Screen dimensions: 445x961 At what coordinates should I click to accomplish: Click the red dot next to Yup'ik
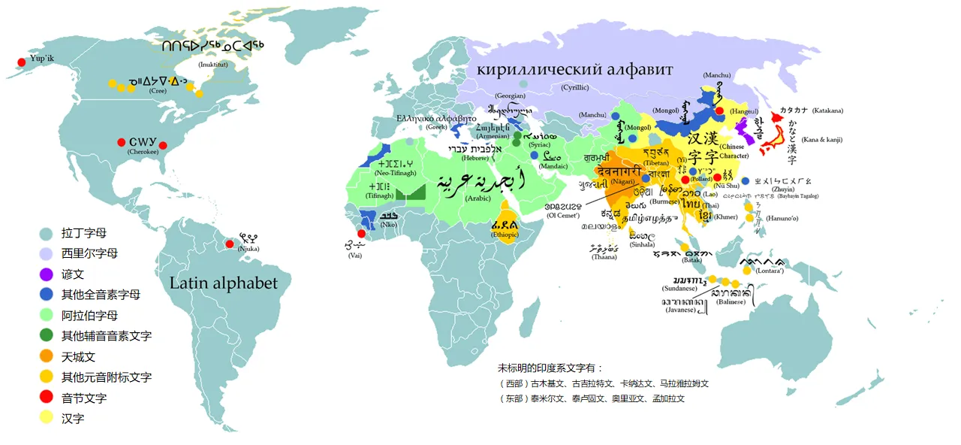[20, 62]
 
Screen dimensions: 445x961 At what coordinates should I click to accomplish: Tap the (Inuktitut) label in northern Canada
[214, 65]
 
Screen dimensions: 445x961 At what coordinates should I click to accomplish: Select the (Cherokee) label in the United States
[142, 152]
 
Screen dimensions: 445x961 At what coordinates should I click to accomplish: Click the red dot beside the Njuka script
[230, 244]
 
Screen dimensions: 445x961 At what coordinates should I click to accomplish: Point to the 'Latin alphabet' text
[224, 283]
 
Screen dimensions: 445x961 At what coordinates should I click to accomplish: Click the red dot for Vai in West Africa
[361, 234]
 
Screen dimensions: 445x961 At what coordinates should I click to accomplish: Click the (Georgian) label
[511, 96]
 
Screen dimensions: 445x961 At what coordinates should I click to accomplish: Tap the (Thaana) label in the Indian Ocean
[604, 257]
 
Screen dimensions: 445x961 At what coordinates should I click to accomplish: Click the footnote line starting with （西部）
[604, 383]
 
